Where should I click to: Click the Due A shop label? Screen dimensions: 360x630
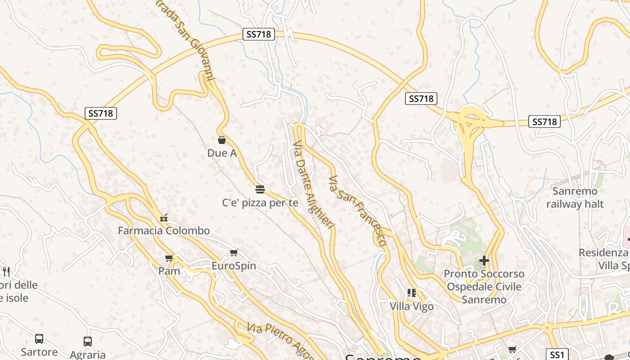tap(222, 153)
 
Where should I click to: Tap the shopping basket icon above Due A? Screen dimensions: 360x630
tap(221, 140)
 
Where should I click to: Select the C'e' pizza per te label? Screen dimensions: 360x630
tap(260, 203)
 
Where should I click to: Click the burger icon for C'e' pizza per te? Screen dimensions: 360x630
tap(260, 189)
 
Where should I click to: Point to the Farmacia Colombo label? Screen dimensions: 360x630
tap(164, 231)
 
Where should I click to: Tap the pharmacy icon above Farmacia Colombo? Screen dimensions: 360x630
tap(164, 218)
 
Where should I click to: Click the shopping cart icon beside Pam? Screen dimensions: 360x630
tap(169, 258)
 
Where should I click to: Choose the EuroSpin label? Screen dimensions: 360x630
tap(234, 266)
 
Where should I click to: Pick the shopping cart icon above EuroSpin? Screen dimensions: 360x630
tap(234, 253)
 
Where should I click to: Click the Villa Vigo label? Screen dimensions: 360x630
tap(412, 306)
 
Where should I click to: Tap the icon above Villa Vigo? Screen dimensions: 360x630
tap(411, 293)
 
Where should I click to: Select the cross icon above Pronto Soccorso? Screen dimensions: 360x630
tap(484, 261)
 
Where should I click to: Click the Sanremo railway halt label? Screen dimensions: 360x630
tap(575, 198)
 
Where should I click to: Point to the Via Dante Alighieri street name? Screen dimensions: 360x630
tap(314, 184)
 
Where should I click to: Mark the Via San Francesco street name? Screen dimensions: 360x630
tap(358, 211)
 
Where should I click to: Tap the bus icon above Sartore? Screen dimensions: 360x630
tap(39, 339)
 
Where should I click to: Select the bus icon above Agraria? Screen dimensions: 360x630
tap(88, 342)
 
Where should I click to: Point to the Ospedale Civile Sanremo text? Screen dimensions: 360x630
tap(484, 293)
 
